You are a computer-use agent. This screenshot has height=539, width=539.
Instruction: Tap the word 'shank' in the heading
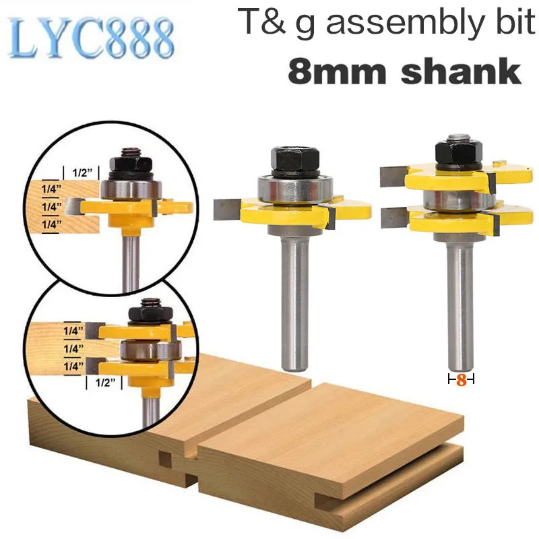461,71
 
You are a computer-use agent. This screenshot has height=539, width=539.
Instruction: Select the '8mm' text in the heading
337,71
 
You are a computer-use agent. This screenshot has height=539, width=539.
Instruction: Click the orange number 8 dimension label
462,380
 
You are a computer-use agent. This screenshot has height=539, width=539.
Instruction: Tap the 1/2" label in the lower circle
104,382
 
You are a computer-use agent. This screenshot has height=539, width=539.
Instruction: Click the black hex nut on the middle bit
296,160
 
